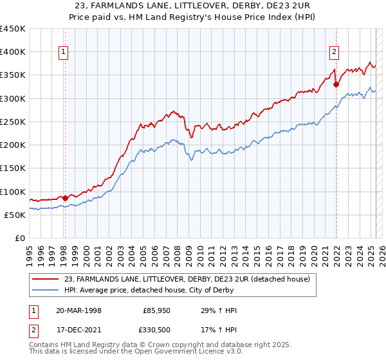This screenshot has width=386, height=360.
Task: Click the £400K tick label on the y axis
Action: (x=13, y=51)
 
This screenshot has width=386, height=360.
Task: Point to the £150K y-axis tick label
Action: (x=13, y=168)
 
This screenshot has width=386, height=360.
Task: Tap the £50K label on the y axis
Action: (x=15, y=215)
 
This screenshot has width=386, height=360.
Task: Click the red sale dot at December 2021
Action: (x=336, y=84)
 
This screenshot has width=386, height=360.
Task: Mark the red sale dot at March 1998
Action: (x=65, y=198)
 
